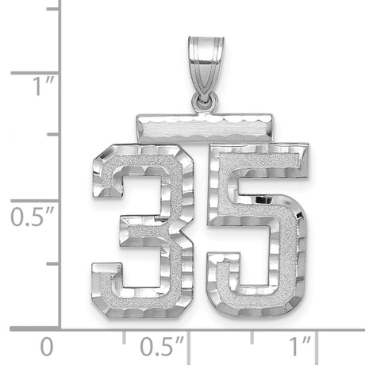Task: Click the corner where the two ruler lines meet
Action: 61,328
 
